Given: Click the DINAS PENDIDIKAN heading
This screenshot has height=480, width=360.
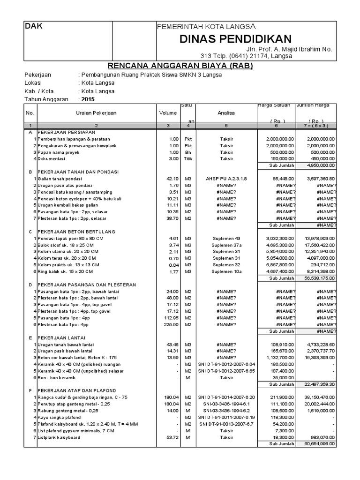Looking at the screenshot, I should tap(235, 39).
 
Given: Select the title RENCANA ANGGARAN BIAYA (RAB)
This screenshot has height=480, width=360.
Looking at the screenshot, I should tap(180, 66).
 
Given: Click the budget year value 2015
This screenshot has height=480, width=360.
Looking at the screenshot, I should tap(88, 99).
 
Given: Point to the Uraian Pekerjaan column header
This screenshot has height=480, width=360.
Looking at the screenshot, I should tap(96, 113).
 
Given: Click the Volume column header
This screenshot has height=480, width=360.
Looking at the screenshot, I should tap(167, 113).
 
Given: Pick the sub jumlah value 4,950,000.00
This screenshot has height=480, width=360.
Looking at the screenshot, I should tap(321, 165).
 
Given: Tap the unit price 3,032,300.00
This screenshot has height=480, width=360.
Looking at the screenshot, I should tap(280, 238).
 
